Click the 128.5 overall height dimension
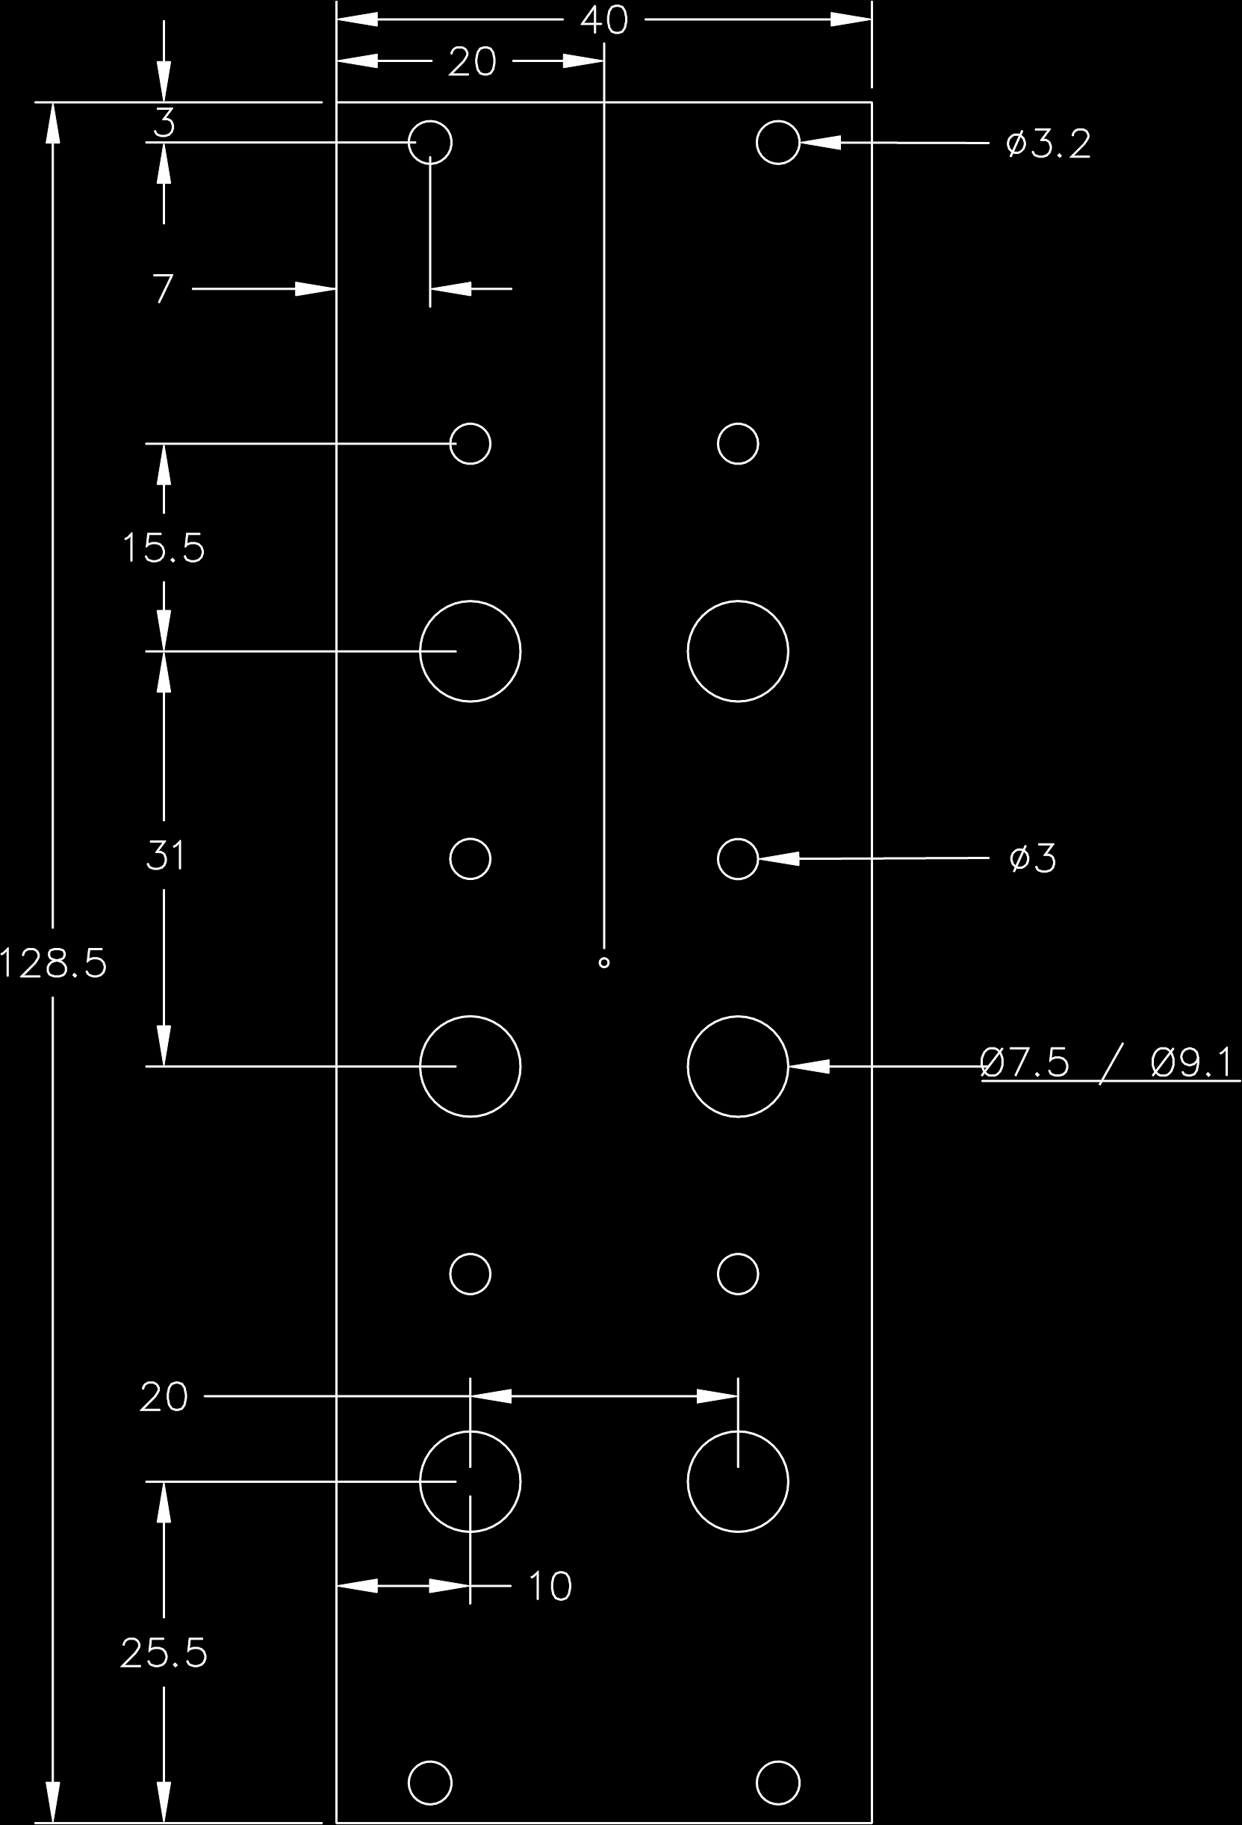click(53, 964)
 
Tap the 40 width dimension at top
click(604, 20)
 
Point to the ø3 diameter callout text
click(1032, 858)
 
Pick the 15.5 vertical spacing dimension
click(164, 548)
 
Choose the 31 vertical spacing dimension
click(165, 855)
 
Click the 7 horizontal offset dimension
click(163, 289)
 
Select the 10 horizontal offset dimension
click(550, 1586)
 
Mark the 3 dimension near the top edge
click(164, 123)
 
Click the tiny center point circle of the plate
click(603, 963)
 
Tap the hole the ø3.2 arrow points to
click(778, 143)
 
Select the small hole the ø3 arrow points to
click(738, 858)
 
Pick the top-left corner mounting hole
click(430, 143)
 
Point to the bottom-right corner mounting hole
click(778, 1783)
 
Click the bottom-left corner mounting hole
click(430, 1783)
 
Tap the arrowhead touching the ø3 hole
click(777, 858)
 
